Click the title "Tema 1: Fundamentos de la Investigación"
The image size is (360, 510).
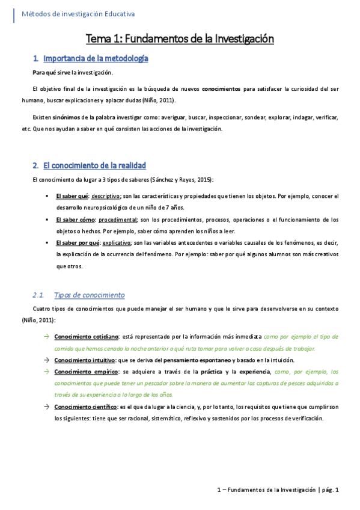pos(180,39)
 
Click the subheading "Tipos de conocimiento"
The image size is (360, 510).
pos(89,295)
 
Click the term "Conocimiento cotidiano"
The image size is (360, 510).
pos(85,337)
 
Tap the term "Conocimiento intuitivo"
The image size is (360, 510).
pos(84,360)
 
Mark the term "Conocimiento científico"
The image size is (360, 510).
pos(85,407)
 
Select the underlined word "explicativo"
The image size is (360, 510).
pos(117,243)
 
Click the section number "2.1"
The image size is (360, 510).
pos(38,295)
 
